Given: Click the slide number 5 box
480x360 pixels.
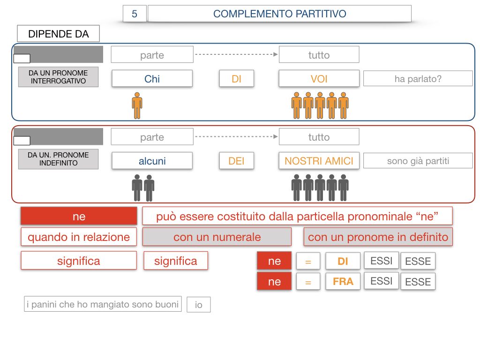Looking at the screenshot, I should pos(135,14).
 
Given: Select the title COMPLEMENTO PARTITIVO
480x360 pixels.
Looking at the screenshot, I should pos(279,14).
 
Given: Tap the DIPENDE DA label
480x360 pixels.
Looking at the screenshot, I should pos(58,34).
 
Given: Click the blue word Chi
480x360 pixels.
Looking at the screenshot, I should pos(152,79).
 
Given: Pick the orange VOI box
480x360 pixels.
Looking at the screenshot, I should pos(319,79).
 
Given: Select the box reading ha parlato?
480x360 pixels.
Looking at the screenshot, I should pos(418,79).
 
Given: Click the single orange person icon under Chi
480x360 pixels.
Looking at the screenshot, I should pos(137,105).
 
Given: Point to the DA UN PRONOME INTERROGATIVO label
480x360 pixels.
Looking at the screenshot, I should pos(58,77).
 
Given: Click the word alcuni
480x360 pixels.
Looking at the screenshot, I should pos(152,161).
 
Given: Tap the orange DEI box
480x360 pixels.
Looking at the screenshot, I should pos(237,161).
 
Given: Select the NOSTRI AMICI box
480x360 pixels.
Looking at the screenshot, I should pos(319,161).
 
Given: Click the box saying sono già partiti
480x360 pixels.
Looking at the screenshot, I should pos(418,161).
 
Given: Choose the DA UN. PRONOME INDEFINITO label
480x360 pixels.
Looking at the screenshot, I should pos(58,159).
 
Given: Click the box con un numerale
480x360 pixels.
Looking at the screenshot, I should pos(217,237).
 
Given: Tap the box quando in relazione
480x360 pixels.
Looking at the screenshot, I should pos(79,237).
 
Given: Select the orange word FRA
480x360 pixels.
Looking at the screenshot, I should pos(343,282).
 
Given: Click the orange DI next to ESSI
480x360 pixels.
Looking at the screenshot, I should pos(343,261).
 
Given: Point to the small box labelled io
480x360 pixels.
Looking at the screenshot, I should pos(199,305).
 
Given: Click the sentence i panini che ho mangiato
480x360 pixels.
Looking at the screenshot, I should pos(103,304).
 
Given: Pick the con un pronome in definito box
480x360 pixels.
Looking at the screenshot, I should pos(378,237).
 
